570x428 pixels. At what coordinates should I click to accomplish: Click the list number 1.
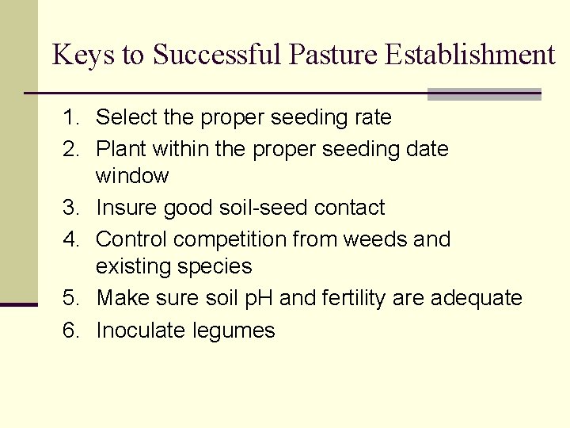pos(71,118)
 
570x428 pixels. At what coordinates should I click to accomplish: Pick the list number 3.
pos(71,208)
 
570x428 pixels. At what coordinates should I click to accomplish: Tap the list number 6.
pos(71,331)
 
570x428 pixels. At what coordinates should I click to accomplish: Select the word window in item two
pos(132,176)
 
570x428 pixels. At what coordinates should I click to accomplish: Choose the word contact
pos(349,208)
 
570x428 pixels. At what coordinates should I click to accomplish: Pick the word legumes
pos(234,331)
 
